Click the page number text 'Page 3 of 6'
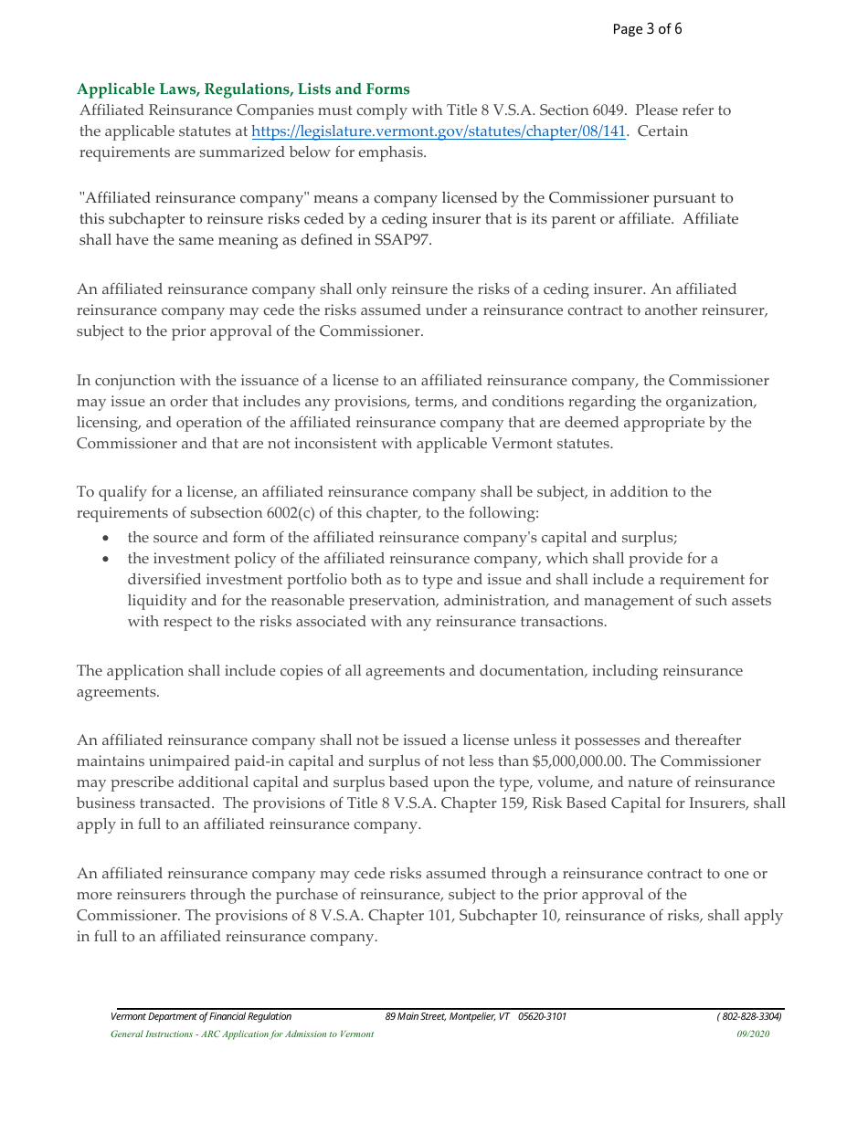(x=647, y=29)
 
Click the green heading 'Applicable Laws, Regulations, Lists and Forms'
(x=243, y=89)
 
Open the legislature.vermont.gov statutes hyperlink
(x=439, y=131)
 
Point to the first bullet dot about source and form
(x=107, y=538)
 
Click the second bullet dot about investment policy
(x=107, y=559)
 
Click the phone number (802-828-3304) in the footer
(x=749, y=1017)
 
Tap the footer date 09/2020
(x=754, y=1034)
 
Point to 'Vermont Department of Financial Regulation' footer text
(x=201, y=1017)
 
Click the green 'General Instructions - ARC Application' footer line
(x=242, y=1034)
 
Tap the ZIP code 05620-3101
(x=542, y=1017)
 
